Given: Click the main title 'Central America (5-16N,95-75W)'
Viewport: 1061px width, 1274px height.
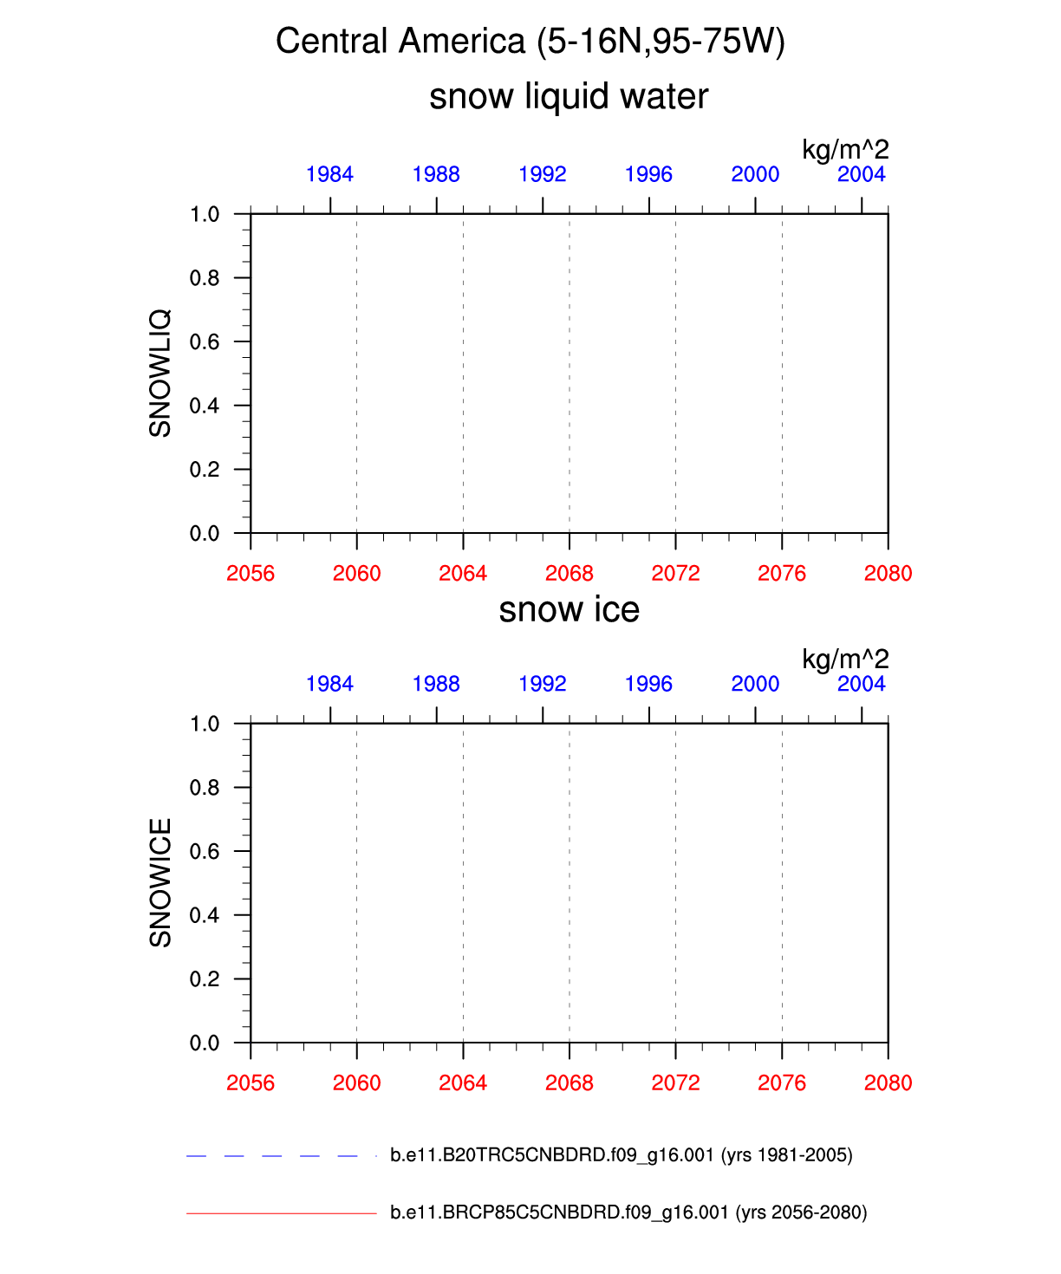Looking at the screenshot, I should (x=530, y=42).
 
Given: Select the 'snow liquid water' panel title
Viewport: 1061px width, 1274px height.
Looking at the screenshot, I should (x=569, y=96).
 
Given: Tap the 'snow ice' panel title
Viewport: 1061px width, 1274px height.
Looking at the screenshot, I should (x=569, y=610).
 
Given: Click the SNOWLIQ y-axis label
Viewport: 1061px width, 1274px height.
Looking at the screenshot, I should (x=160, y=373).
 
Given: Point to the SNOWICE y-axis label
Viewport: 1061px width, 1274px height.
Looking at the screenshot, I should (x=160, y=882).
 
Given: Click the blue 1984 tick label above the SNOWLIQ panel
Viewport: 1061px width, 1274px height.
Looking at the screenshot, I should (x=329, y=174).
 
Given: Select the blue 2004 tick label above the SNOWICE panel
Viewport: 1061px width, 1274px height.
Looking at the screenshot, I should (x=861, y=684).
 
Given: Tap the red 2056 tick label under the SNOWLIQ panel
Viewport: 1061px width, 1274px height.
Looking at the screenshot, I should (x=251, y=573).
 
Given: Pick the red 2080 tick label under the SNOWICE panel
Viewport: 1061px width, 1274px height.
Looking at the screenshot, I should (x=888, y=1082).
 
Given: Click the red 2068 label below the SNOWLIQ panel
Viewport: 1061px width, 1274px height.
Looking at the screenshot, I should (x=569, y=573).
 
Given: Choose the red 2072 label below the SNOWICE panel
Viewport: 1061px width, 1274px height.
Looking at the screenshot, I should (x=675, y=1082).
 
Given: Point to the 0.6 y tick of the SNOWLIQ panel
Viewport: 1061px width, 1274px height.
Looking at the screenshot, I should (x=205, y=341).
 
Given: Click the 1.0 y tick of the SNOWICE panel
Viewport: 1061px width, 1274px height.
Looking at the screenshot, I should (x=205, y=724).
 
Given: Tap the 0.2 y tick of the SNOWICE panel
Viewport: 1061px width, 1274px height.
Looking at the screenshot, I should (x=205, y=978).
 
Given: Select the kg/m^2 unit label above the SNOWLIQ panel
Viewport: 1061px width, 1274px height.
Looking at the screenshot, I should (x=845, y=150).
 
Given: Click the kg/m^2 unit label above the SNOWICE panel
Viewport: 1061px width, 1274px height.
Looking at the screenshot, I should (x=845, y=660).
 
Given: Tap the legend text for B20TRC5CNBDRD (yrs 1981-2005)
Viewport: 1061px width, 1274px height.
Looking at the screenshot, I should (x=621, y=1155).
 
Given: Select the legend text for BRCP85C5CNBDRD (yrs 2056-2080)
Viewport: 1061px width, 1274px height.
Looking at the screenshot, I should (x=628, y=1212).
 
